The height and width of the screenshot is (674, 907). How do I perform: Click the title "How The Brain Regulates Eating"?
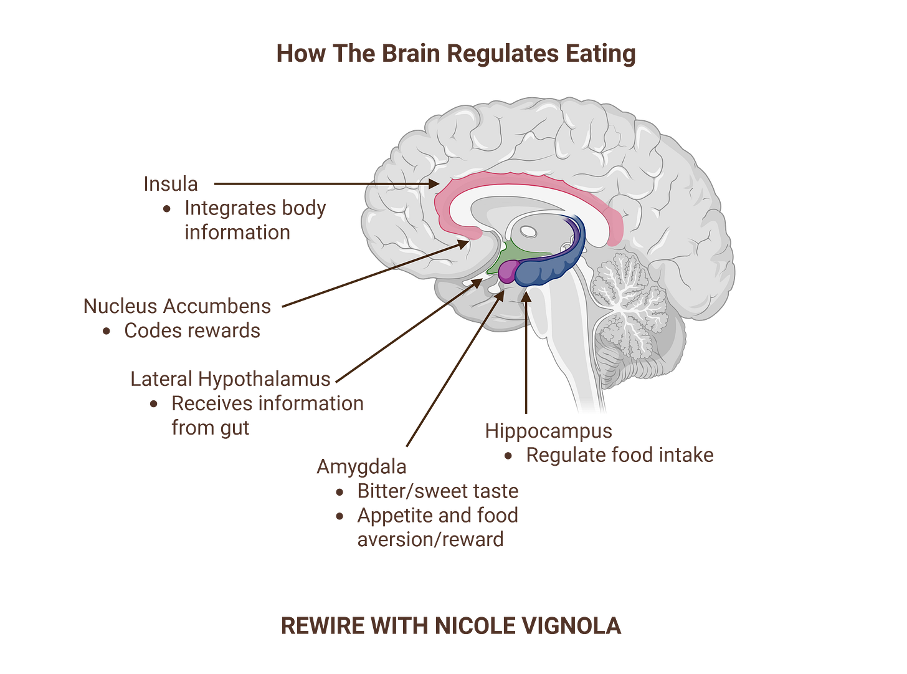pos(455,54)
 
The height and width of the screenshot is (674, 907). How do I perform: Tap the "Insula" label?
pos(171,184)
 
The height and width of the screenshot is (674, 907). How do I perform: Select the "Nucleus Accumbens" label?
pos(177,306)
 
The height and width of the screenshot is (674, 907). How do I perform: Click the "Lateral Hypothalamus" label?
pos(230,378)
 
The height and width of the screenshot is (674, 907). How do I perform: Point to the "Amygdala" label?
pos(361,466)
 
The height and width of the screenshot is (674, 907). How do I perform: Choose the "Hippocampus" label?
pos(548,430)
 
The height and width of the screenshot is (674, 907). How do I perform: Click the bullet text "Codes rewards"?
pos(191,330)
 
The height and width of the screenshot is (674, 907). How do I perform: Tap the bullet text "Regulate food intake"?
pos(619,455)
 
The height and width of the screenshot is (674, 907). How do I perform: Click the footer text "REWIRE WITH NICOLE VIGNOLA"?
pos(451,625)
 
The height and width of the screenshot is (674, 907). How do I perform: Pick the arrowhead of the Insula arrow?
pos(437,184)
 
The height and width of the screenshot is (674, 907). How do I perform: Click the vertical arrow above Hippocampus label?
pos(526,355)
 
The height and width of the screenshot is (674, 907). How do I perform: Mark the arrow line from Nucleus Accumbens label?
pos(374,275)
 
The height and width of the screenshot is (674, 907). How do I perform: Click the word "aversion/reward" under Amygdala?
pos(430,539)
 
